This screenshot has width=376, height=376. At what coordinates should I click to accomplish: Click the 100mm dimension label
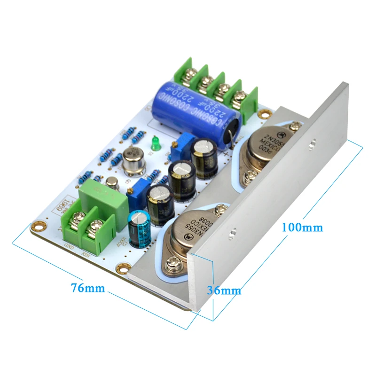point(302,227)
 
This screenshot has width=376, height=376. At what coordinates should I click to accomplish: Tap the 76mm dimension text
point(88,288)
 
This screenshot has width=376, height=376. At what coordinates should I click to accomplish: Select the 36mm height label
point(224,290)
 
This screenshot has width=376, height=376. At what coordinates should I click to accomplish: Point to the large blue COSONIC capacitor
point(197,106)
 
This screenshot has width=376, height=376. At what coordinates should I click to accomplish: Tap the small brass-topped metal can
point(112,182)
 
